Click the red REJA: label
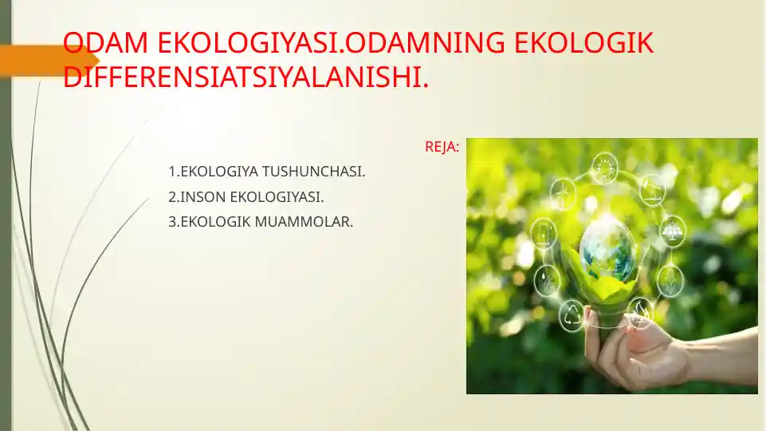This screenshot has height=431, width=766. (442, 148)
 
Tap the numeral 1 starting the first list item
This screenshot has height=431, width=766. (172, 172)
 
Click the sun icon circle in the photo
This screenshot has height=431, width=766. (605, 168)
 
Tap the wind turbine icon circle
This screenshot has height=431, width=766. (563, 193)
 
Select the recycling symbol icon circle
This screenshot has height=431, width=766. (572, 315)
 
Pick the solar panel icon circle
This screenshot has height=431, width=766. (673, 231)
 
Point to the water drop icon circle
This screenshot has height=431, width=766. (546, 280)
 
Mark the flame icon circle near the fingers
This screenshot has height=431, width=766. (640, 310)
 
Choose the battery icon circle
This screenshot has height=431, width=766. (544, 233)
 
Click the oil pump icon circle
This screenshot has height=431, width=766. (652, 189)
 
